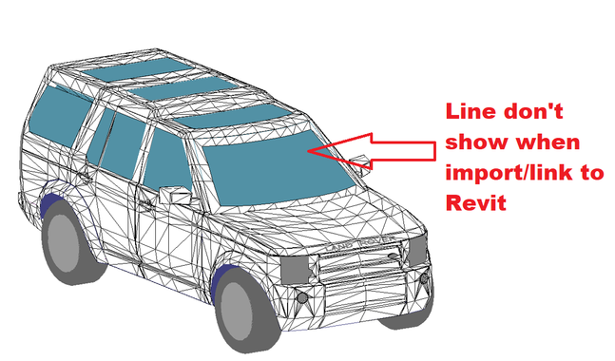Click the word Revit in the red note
[476, 202]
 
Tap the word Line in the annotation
[471, 111]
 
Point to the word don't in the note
[533, 111]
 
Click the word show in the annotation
[476, 142]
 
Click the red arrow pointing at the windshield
[372, 151]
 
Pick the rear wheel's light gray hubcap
[62, 238]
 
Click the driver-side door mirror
[175, 195]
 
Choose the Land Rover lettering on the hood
[359, 243]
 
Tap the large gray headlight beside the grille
[295, 270]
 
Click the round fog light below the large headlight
[301, 298]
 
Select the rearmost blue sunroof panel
[138, 69]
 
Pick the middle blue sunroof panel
[183, 88]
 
